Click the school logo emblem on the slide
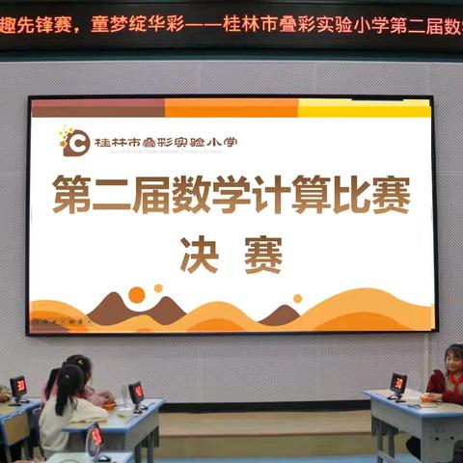coord(74,142)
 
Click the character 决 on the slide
coord(200,255)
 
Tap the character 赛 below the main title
coord(262,255)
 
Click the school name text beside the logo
coord(165,143)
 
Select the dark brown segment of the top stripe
coord(97,108)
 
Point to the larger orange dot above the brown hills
coord(137,294)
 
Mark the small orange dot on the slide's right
coord(297,299)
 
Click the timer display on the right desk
coord(398,383)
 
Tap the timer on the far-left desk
coord(18,386)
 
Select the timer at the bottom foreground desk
coord(95,437)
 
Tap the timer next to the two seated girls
coord(136,392)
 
